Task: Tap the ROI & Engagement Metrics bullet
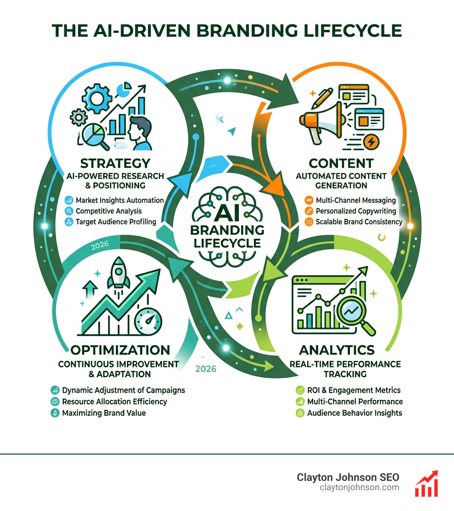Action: coord(354,390)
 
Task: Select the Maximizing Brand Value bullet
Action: coord(104,413)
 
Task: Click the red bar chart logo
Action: coord(426,484)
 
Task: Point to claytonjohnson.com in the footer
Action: coord(359,488)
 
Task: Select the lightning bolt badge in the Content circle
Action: coord(371,142)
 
